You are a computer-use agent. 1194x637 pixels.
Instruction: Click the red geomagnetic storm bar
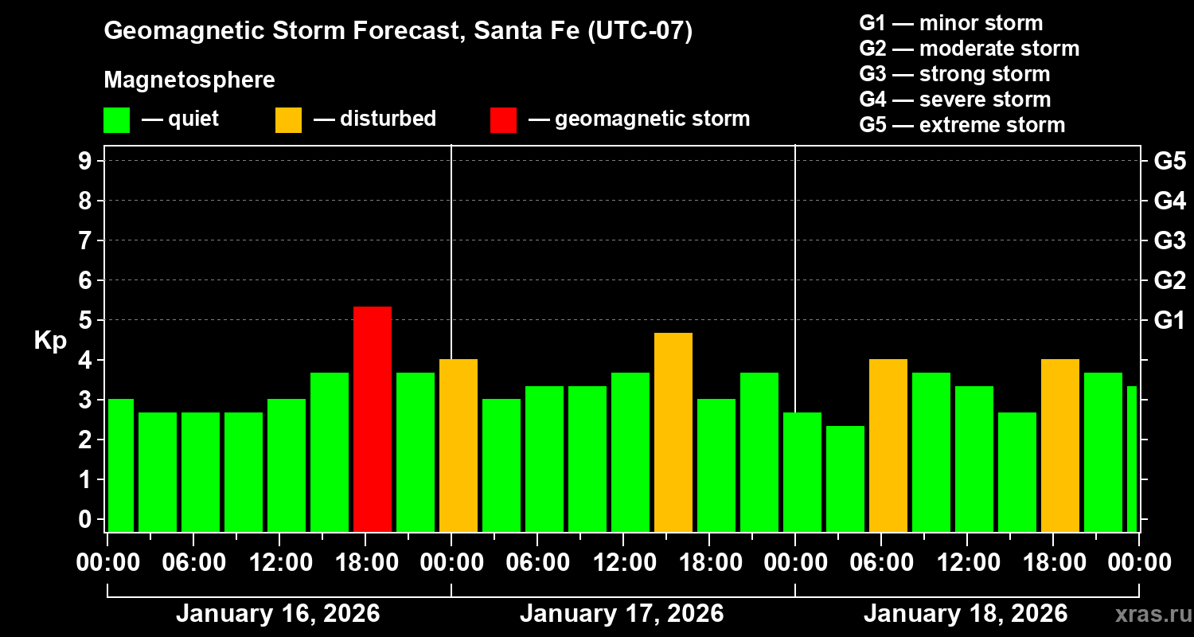[x=373, y=419]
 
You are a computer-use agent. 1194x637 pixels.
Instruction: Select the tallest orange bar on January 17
[x=673, y=432]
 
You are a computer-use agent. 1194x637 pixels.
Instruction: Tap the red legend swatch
[x=503, y=119]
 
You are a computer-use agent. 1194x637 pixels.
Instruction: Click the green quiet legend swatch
[x=116, y=119]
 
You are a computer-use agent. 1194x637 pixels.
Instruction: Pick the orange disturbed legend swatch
[x=288, y=119]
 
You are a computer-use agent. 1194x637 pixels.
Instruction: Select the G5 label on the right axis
[x=1169, y=161]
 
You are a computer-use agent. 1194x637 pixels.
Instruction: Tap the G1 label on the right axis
[x=1169, y=320]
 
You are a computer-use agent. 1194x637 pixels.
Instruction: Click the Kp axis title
[x=50, y=341]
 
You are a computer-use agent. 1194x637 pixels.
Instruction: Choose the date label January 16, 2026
[x=278, y=614]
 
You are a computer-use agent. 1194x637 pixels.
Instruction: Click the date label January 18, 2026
[x=966, y=614]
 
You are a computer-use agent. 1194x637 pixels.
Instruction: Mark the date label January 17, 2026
[x=622, y=614]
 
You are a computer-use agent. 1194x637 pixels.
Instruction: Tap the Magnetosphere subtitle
[x=189, y=80]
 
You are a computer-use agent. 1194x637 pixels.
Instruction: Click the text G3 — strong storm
[x=954, y=74]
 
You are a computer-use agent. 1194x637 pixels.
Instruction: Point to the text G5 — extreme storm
[x=962, y=125]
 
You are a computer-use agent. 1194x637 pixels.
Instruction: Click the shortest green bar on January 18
[x=845, y=479]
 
